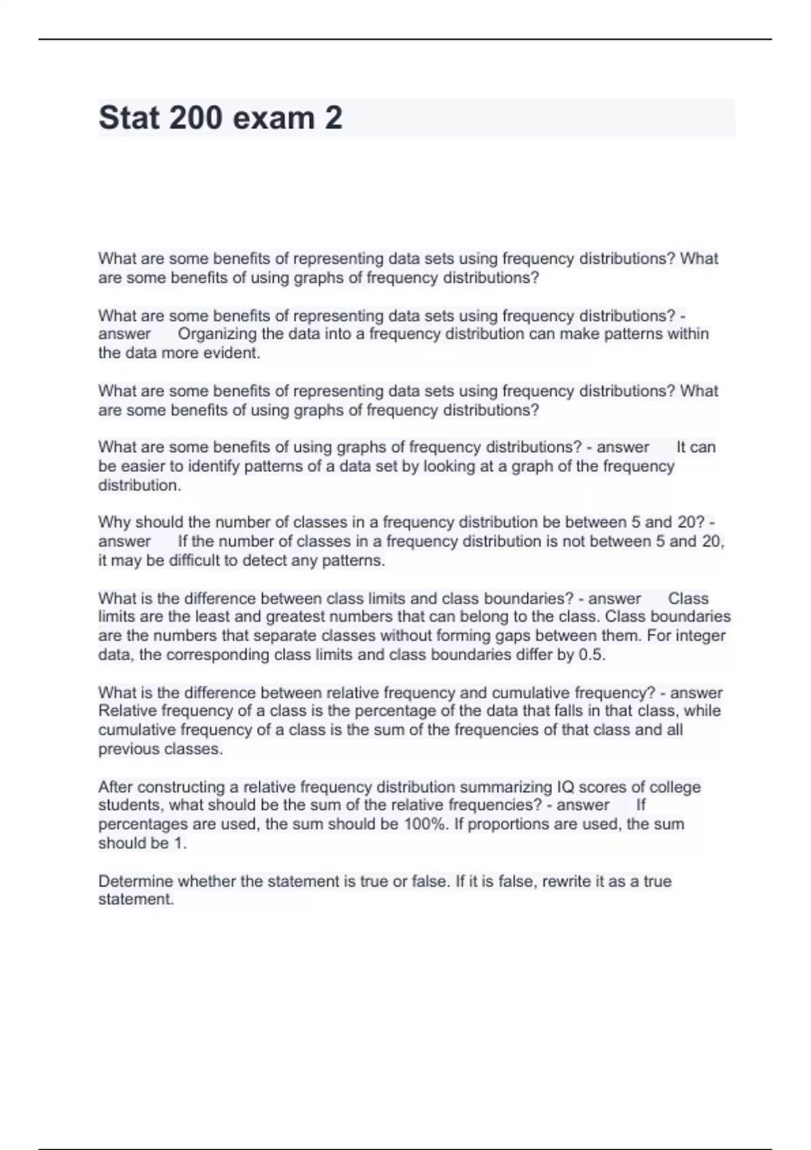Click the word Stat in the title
click(x=129, y=118)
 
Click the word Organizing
click(x=218, y=334)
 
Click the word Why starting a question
click(x=114, y=522)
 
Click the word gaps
click(x=515, y=636)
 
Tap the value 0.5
click(x=592, y=655)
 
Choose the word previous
click(x=125, y=750)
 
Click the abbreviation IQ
click(x=565, y=787)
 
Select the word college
click(x=674, y=787)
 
